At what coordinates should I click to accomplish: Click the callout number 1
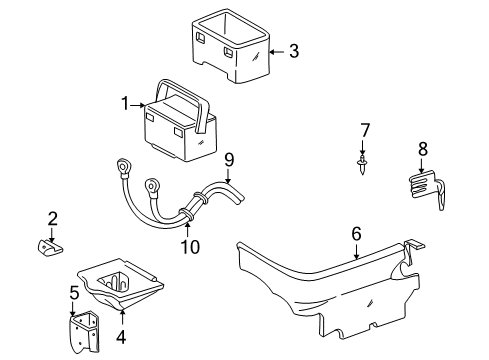(x=126, y=103)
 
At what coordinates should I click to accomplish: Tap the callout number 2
(x=53, y=219)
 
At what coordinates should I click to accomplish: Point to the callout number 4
(x=120, y=337)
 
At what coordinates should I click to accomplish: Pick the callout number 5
(x=74, y=293)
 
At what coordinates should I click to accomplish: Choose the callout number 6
(x=356, y=235)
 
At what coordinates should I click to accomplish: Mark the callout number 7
(x=365, y=130)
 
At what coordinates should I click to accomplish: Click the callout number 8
(x=422, y=150)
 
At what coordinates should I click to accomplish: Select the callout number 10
(x=190, y=246)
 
